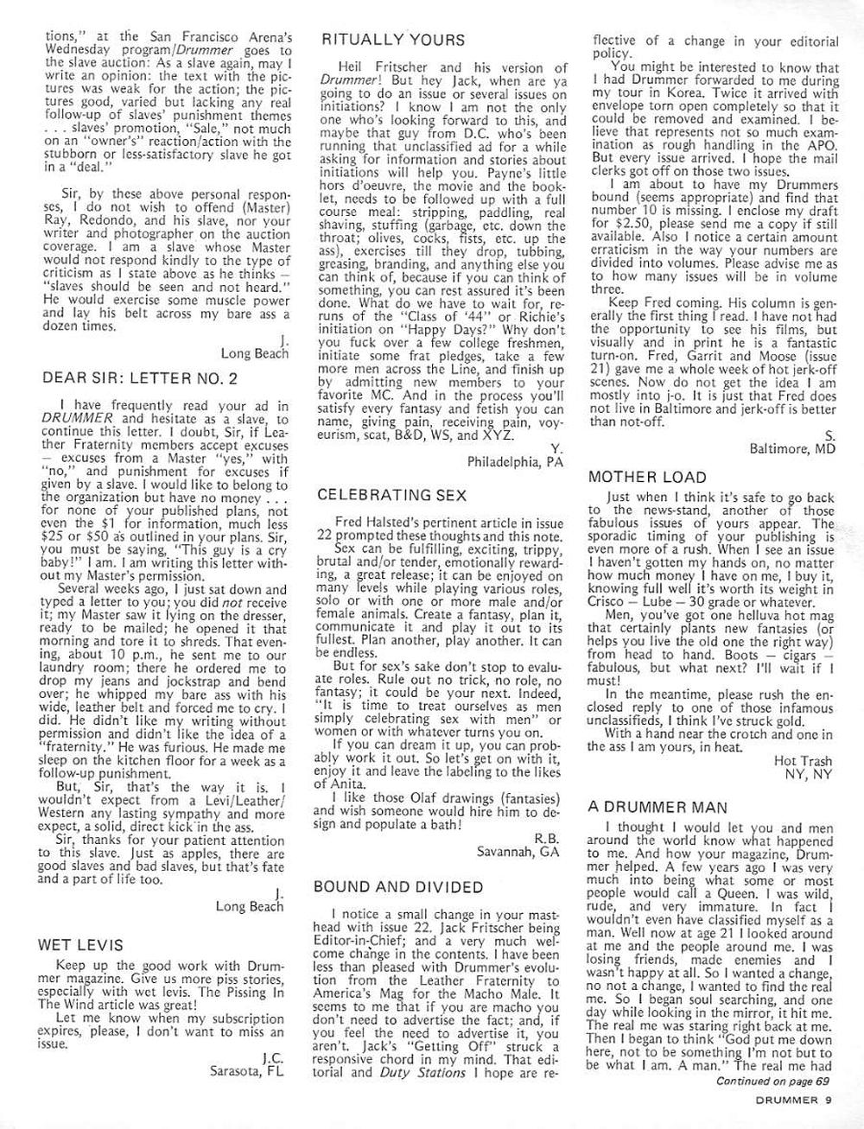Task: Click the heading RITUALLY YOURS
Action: coord(392,40)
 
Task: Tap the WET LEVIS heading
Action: coord(80,945)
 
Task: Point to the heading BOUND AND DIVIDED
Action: coord(397,887)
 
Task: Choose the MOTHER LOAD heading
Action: coord(646,477)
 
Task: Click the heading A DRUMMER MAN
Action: coord(658,807)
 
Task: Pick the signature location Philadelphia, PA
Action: coord(515,461)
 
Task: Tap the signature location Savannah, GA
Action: coord(518,851)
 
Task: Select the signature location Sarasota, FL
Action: coord(246,1071)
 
